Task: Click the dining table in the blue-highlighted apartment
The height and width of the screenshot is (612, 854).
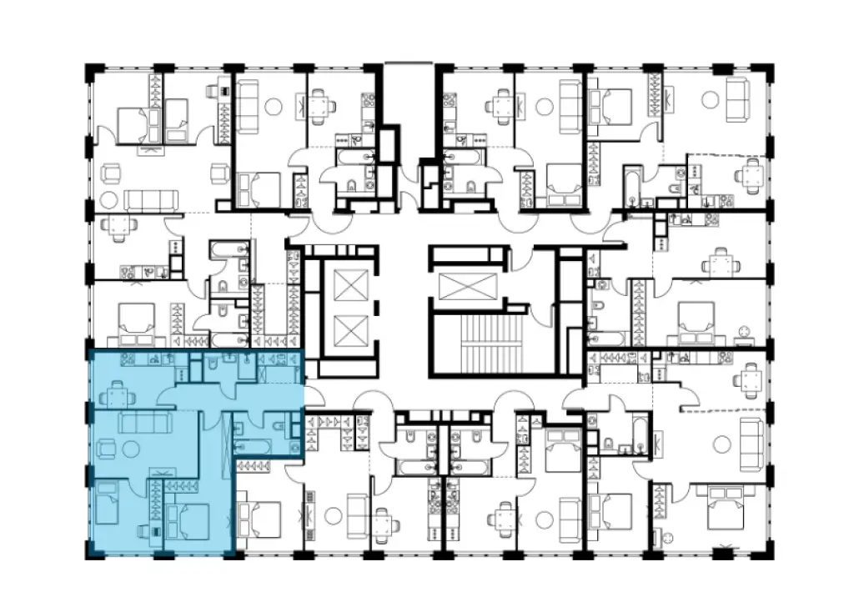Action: tap(118, 392)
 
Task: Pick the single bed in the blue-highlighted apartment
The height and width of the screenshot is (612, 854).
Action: tap(108, 503)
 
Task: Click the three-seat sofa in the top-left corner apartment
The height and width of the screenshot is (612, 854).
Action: tap(152, 199)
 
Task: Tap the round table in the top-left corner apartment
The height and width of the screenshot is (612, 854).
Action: tap(109, 199)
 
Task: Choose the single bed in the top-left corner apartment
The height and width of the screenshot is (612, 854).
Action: tap(177, 117)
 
